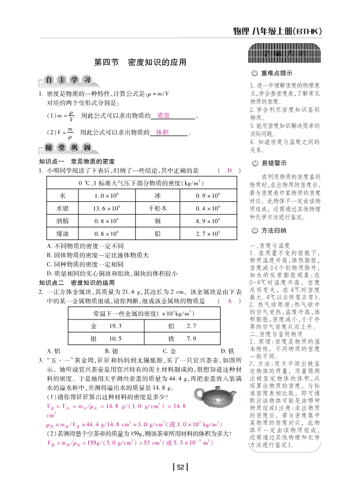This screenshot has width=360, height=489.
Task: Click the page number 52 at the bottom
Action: pyautogui.click(x=180, y=467)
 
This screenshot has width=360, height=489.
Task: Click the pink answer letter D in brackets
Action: pyautogui.click(x=230, y=171)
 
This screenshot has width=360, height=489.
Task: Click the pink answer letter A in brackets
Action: pyautogui.click(x=230, y=300)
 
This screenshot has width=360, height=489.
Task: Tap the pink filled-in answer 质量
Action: pyautogui.click(x=163, y=116)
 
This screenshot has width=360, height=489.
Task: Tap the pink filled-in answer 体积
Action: pyautogui.click(x=162, y=132)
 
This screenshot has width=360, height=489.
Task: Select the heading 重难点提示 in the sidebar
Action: pyautogui.click(x=276, y=74)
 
